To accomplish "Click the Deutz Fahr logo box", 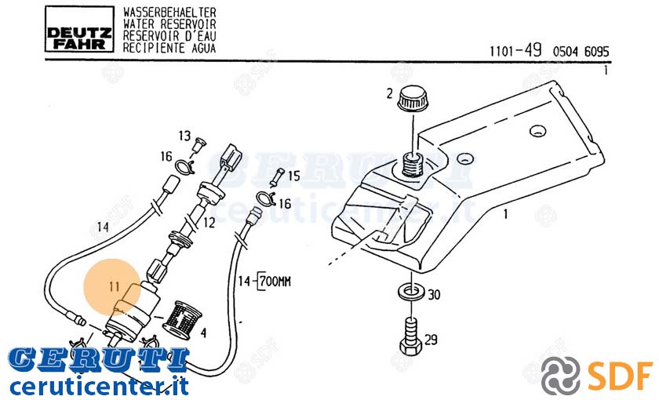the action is point(79,30).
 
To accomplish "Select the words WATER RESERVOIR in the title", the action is point(169,24).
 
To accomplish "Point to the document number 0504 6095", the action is point(581,52).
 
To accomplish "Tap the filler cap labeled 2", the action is point(413,99).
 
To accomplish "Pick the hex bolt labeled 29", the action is point(410,336).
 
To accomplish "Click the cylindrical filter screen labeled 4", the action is point(181,321).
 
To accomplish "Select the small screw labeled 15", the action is point(278,178).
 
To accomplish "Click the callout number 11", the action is point(115,287).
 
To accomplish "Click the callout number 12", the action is point(209,223).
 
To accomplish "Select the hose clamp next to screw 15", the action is point(265,198).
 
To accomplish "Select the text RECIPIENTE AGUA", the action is point(169,48).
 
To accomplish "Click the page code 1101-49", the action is point(515,51).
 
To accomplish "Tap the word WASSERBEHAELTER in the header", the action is point(169,13).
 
